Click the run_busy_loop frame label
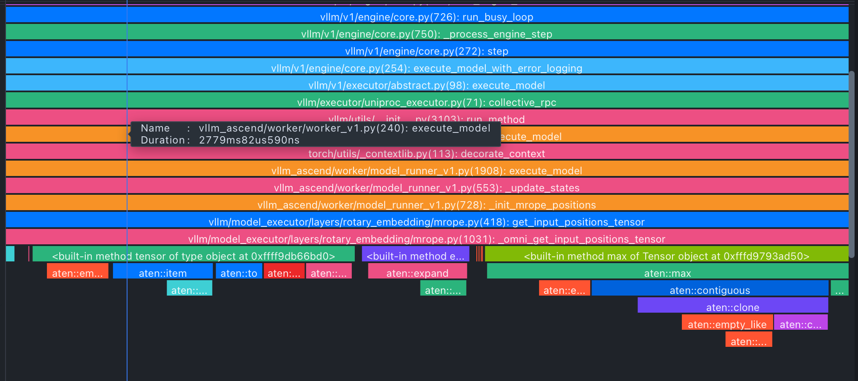[426, 17]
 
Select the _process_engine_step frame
[426, 34]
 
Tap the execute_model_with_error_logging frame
[426, 68]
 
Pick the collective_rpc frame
[426, 103]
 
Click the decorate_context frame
[426, 154]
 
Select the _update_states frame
[426, 188]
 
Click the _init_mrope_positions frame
[426, 205]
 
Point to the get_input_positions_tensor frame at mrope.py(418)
[426, 222]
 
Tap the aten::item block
[162, 273]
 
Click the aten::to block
[239, 273]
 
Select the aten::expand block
[417, 273]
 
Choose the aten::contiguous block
[710, 290]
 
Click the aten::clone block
[733, 308]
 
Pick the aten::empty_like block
[727, 325]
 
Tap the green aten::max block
[667, 273]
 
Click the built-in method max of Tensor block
[666, 256]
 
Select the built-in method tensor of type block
[194, 256]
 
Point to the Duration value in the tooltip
[249, 140]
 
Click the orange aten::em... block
[77, 273]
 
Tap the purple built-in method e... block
[415, 256]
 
